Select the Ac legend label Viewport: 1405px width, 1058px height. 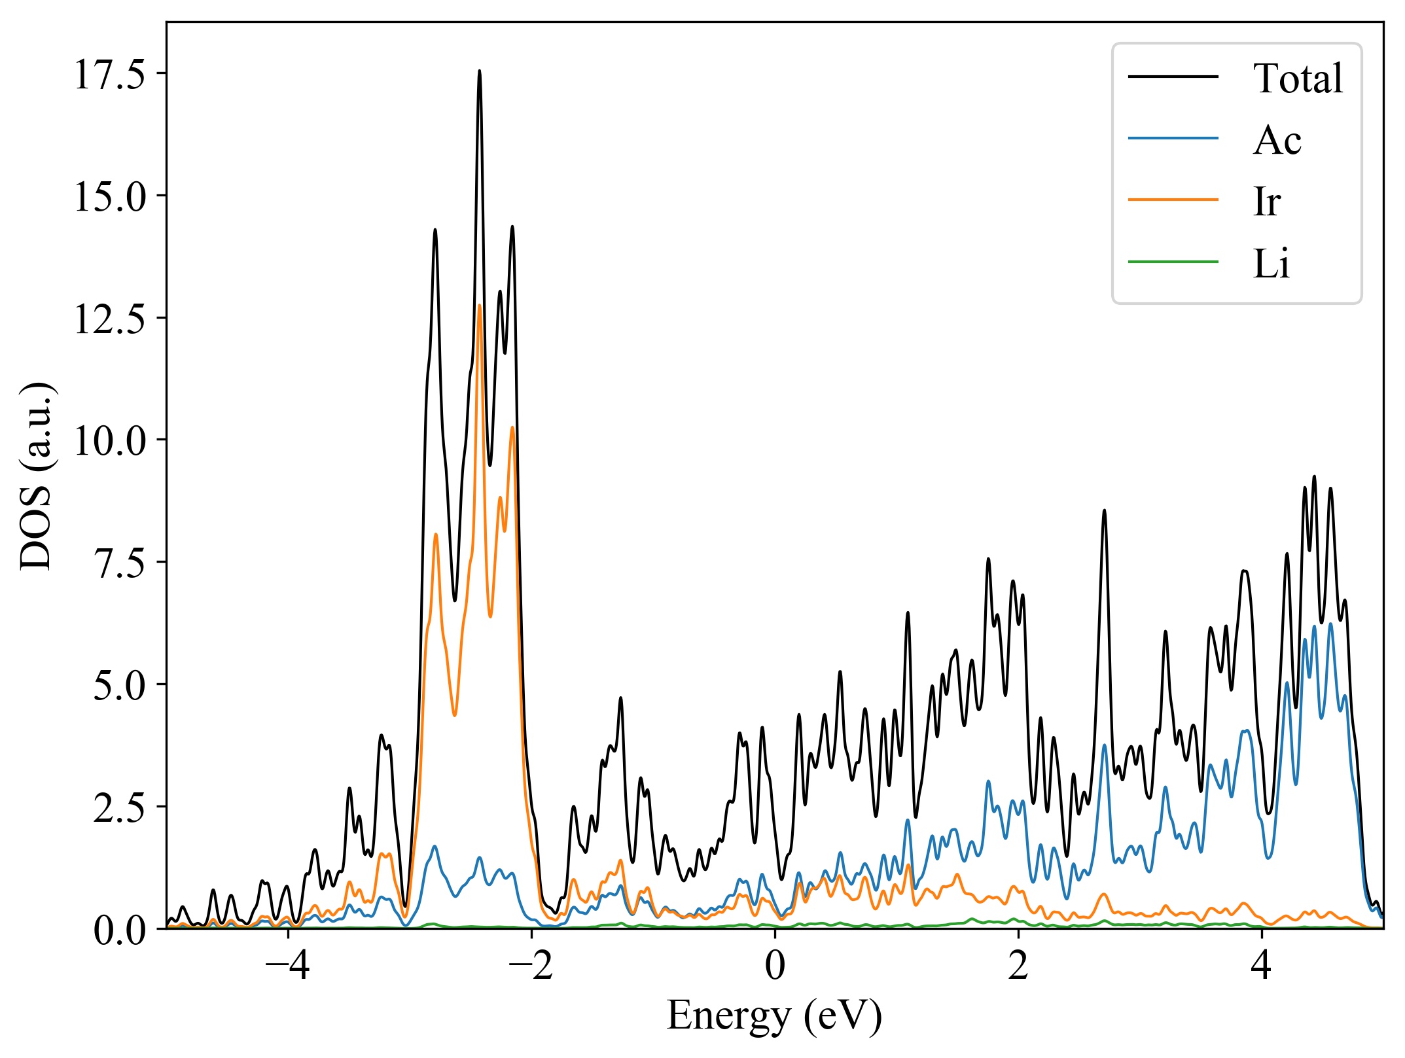click(x=1277, y=140)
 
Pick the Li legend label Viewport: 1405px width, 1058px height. click(x=1271, y=264)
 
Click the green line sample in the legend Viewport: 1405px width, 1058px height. click(x=1173, y=262)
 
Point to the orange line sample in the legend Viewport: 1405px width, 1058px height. click(x=1173, y=200)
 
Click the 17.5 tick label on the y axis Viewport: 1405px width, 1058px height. click(x=109, y=74)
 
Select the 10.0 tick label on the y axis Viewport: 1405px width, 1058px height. click(x=109, y=440)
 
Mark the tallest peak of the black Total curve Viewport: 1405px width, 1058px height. click(x=480, y=71)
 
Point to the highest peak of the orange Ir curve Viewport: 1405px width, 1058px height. click(x=480, y=306)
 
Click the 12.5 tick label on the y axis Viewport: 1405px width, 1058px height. click(x=109, y=319)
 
